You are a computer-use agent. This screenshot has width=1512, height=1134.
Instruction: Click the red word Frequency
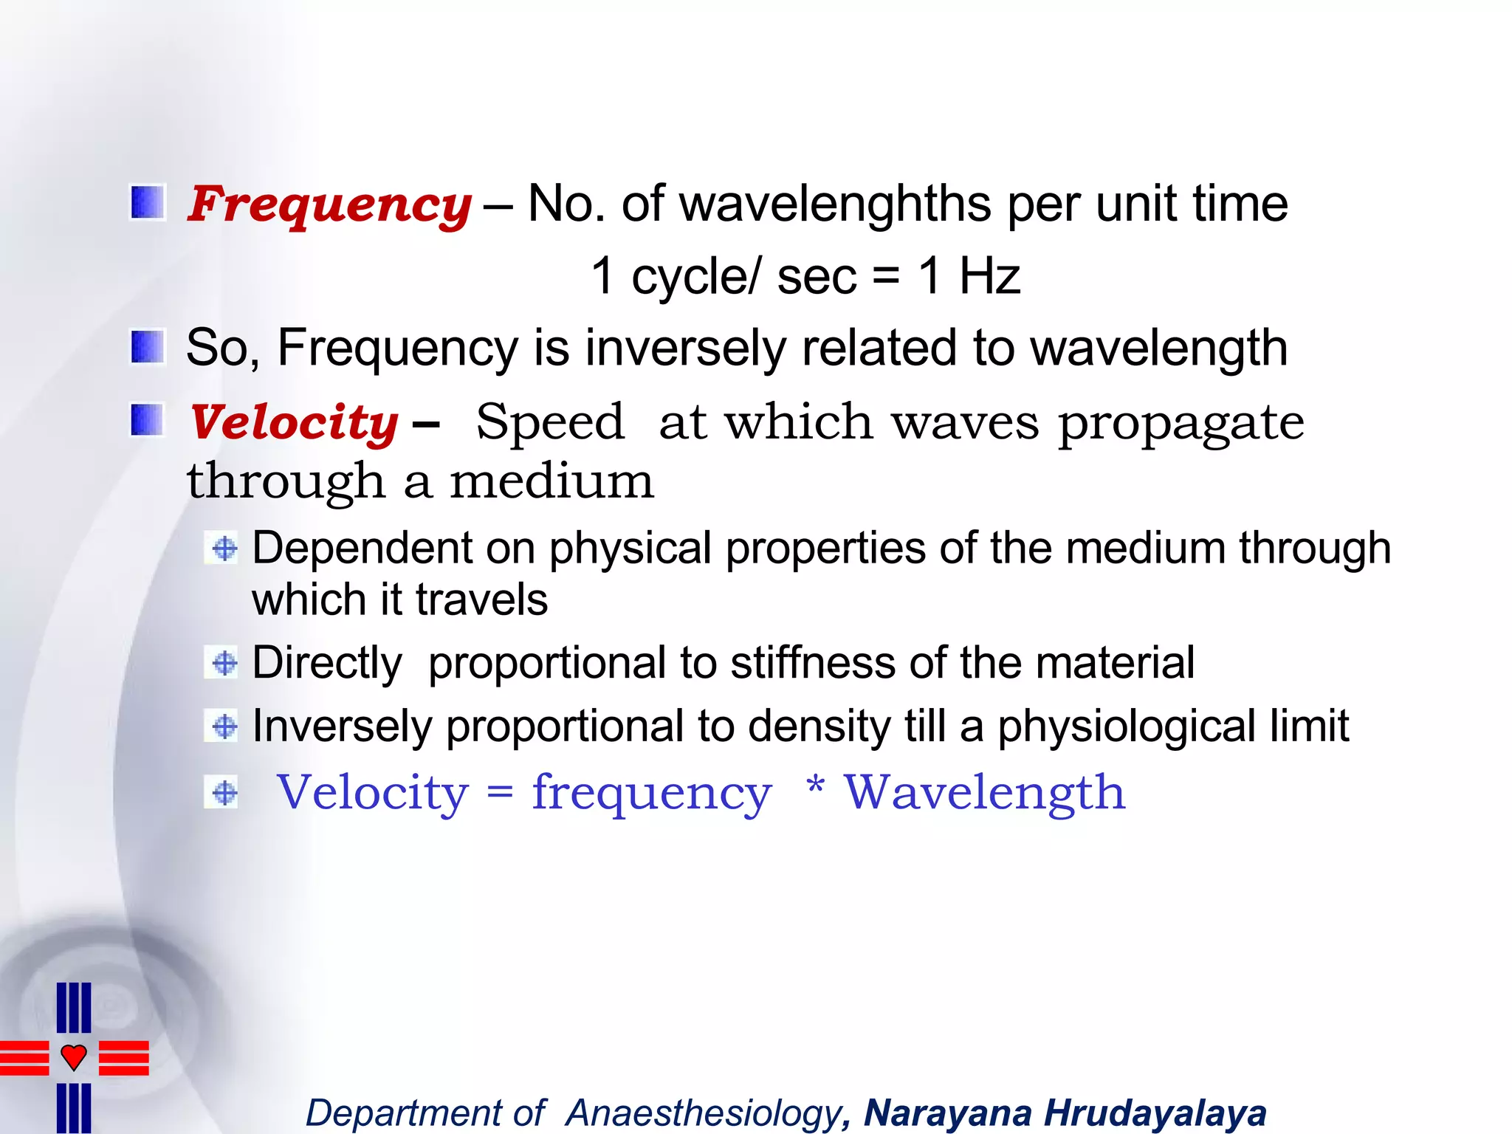(x=329, y=204)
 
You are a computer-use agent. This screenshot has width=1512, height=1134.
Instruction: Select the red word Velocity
(x=294, y=422)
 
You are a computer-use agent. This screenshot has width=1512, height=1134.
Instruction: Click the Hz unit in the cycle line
(x=989, y=276)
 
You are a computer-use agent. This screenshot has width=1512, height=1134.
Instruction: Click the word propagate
(x=1181, y=422)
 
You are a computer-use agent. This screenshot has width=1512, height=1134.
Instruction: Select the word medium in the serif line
(x=551, y=481)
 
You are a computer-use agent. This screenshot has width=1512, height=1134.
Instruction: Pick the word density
(x=819, y=726)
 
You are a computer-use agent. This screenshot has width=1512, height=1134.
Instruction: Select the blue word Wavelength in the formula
(x=985, y=792)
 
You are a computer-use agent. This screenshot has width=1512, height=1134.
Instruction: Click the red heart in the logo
(x=74, y=1056)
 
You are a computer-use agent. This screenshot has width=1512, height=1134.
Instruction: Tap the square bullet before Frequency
(x=147, y=203)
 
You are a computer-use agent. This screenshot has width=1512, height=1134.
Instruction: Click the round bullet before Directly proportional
(x=224, y=662)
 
